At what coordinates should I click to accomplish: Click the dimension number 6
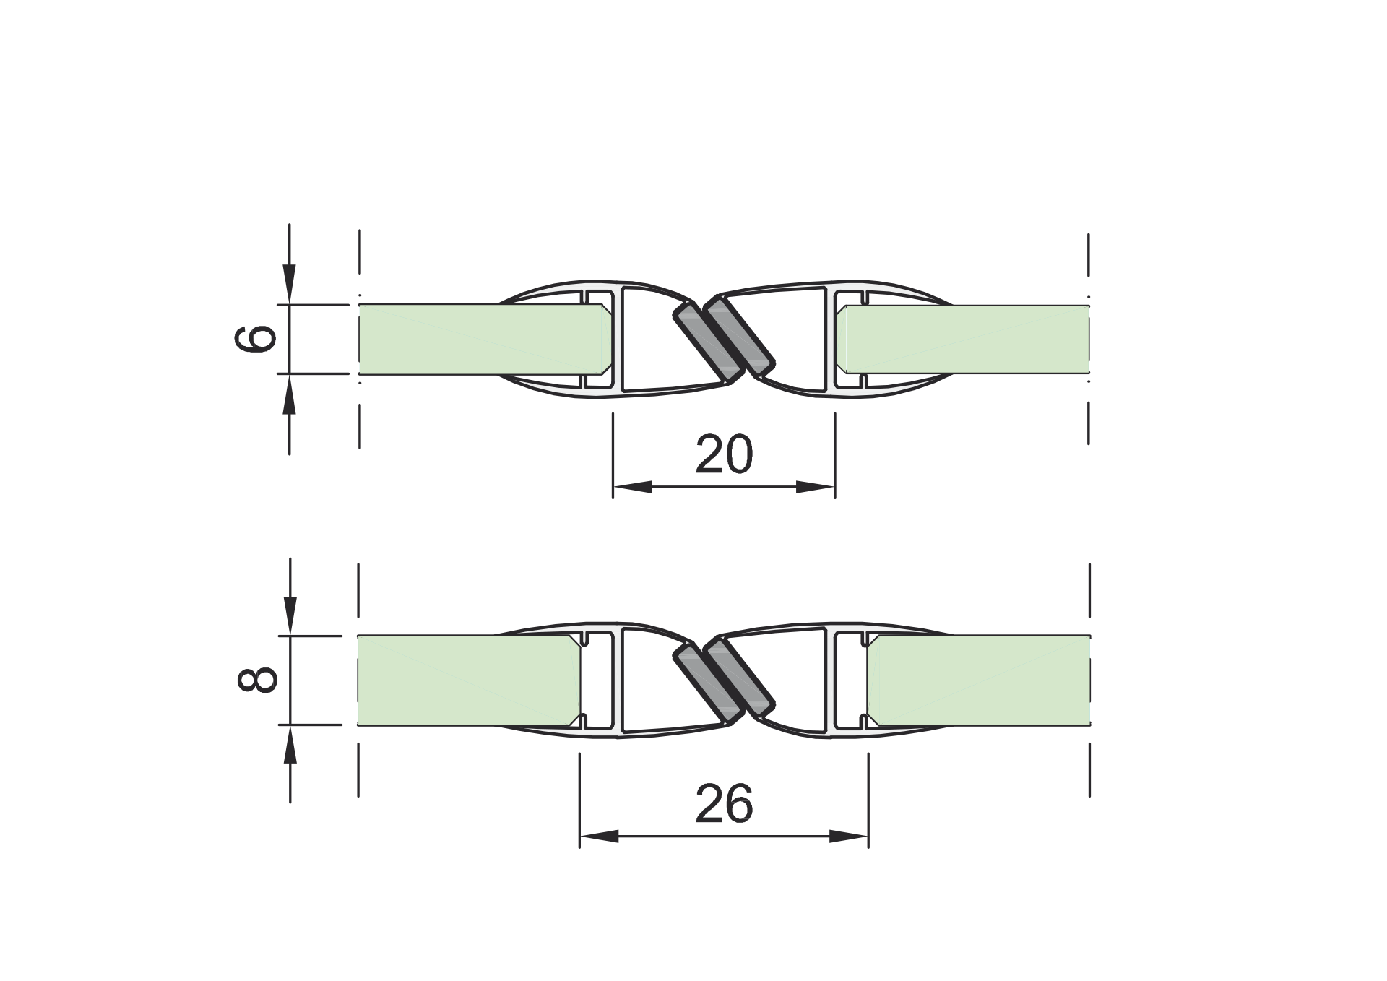click(256, 338)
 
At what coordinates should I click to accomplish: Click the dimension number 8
click(257, 680)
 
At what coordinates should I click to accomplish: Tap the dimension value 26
click(724, 804)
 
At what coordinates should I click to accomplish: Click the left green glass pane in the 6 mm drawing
click(477, 339)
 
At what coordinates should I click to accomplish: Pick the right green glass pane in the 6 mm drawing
click(968, 339)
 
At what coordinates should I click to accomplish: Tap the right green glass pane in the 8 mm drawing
click(979, 680)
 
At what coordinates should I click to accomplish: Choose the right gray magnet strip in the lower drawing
click(740, 678)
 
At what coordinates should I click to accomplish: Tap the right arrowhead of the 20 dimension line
click(816, 487)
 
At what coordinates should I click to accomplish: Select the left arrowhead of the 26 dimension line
click(599, 837)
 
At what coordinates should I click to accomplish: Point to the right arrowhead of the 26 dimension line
click(849, 837)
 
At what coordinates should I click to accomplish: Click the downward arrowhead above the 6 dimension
click(289, 285)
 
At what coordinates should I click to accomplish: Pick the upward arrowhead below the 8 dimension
click(290, 744)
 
